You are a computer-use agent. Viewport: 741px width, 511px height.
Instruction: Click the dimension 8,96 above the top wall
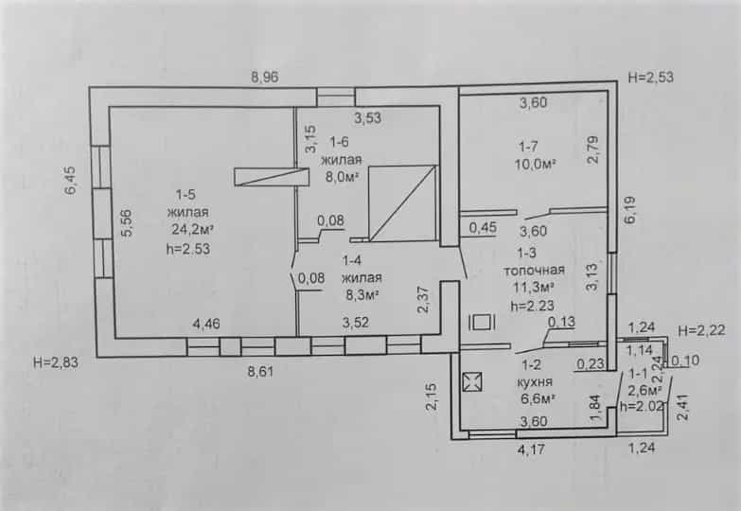[265, 77]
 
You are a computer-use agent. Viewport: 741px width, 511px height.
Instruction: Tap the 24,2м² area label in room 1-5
[192, 230]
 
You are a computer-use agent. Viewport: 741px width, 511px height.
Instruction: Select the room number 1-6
[339, 142]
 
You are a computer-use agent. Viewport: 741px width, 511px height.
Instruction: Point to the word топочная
[534, 271]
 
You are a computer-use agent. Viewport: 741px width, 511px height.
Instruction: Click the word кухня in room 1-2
[535, 382]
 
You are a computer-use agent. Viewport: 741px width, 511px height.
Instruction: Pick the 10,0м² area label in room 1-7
[535, 165]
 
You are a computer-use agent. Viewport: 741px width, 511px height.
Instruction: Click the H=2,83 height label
[56, 363]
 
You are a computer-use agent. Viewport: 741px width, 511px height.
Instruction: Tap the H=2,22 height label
[701, 330]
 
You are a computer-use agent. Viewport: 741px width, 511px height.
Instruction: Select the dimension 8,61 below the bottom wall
[260, 372]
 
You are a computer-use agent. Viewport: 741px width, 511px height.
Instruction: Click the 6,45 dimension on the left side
[70, 181]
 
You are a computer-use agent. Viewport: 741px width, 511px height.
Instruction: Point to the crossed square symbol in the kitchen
[472, 382]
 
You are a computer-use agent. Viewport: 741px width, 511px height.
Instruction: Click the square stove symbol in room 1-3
[482, 323]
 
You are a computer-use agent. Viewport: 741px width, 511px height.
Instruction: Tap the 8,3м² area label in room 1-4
[363, 295]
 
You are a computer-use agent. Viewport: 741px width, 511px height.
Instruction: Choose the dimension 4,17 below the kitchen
[531, 449]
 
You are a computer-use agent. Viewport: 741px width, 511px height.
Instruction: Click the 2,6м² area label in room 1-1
[644, 391]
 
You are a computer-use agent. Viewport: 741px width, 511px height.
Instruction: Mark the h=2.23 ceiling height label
[532, 306]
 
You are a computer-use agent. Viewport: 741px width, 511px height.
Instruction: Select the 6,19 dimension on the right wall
[631, 210]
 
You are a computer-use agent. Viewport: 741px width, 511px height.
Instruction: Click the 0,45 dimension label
[483, 228]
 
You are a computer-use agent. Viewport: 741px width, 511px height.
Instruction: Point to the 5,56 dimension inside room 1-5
[127, 222]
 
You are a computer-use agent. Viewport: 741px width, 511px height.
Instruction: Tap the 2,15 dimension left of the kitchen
[432, 396]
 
